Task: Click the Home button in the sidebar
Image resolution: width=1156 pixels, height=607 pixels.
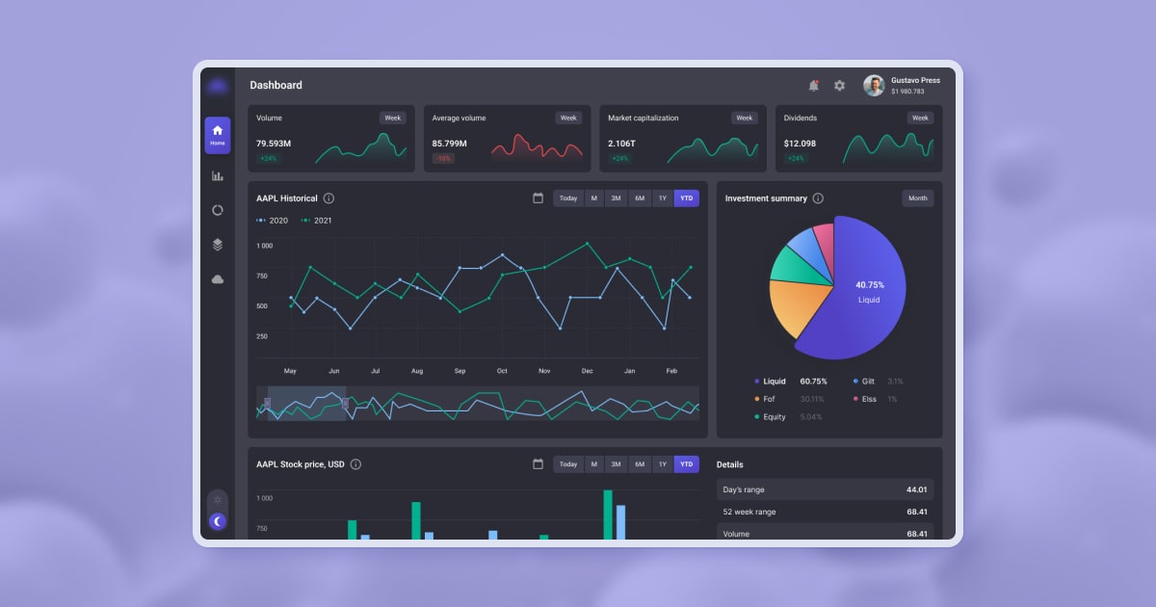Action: (218, 135)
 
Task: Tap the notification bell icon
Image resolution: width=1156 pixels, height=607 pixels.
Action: (813, 86)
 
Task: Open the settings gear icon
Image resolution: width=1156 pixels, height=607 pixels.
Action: (839, 86)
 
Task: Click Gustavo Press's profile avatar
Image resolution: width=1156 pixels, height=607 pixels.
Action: (874, 86)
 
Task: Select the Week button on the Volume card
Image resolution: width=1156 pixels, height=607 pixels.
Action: (392, 119)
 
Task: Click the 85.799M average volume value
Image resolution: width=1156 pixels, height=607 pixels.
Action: (450, 144)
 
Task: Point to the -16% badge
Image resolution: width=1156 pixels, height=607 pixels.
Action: (443, 158)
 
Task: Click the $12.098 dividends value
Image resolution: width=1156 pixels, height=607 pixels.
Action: (800, 144)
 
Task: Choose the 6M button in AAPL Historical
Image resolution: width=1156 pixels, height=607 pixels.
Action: (640, 198)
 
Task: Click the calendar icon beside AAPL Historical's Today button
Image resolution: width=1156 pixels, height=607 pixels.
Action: (538, 198)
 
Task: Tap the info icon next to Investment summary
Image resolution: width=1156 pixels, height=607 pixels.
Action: (818, 198)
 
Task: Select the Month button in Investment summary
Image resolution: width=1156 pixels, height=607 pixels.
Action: (917, 198)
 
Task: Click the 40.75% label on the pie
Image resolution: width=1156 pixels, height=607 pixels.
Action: (869, 285)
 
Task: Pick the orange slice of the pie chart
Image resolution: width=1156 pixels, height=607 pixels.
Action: (800, 306)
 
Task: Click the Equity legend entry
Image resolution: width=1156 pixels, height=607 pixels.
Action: (775, 417)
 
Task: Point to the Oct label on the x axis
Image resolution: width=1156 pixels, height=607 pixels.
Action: (502, 371)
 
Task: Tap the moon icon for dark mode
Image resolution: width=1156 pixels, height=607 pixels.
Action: (218, 521)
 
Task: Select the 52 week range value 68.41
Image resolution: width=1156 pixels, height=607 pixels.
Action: (916, 512)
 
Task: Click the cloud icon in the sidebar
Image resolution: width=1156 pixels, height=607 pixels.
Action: (218, 279)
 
